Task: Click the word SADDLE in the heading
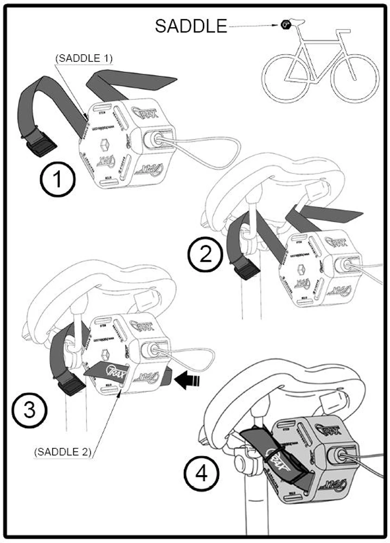(x=191, y=26)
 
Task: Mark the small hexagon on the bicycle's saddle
(x=284, y=23)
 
